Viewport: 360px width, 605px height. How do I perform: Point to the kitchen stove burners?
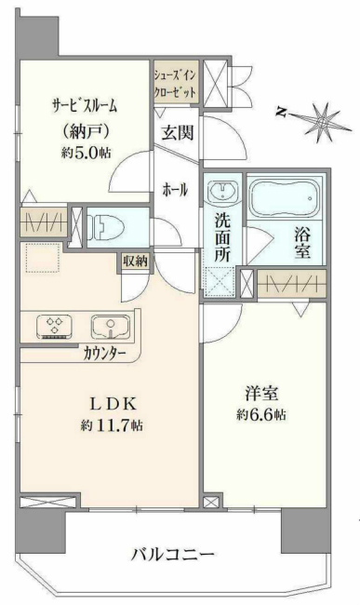[x=54, y=327]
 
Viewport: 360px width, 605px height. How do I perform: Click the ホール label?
[x=175, y=190]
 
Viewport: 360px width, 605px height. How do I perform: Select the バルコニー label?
[x=173, y=555]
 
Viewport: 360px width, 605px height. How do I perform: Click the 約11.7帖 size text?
[x=112, y=425]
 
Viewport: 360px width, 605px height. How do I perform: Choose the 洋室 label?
[x=259, y=391]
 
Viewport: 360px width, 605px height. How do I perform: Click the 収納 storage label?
[x=134, y=262]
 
